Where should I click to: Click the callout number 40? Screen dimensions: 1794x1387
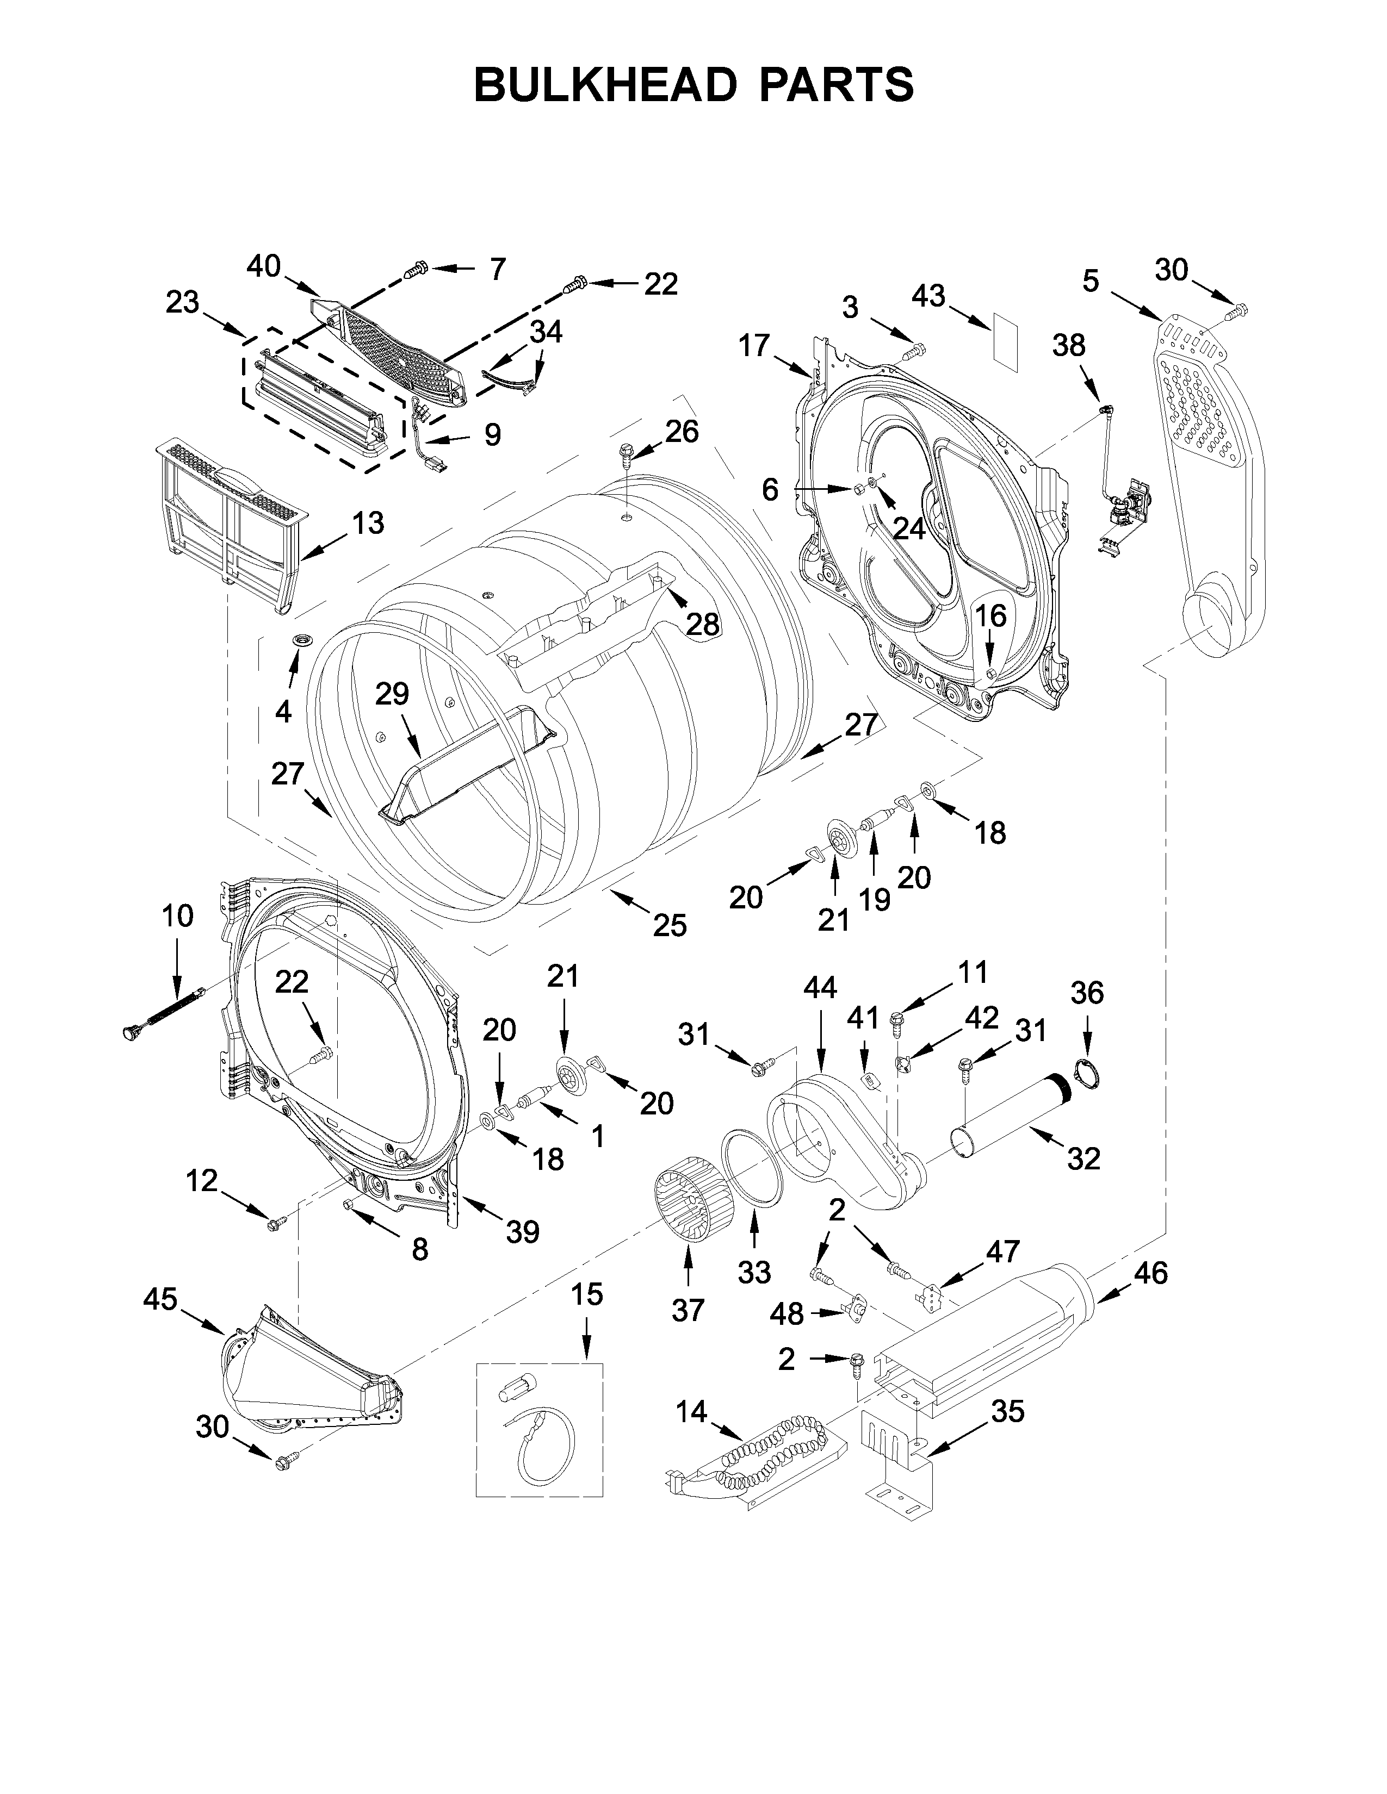coord(264,266)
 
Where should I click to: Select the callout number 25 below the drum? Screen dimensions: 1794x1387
coord(670,926)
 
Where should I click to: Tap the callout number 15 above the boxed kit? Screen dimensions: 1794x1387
coord(587,1294)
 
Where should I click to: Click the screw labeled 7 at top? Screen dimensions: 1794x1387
coord(418,268)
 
